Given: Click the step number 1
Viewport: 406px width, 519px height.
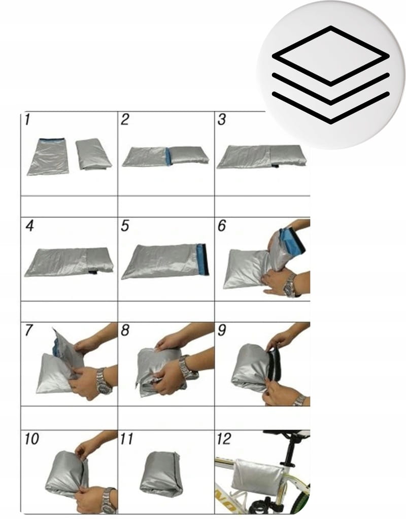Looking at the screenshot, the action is coord(27,120).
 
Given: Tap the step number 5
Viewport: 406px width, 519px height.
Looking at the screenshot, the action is coord(125,226).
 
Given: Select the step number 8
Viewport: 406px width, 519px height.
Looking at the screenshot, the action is coord(125,330).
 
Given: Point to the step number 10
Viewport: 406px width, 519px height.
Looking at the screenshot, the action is coord(32,438).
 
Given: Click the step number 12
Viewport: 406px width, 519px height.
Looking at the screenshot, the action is coord(224,438).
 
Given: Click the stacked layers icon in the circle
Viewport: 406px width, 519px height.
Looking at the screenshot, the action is coord(330,75).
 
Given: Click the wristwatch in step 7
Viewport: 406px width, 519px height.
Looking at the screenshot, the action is coord(103,382).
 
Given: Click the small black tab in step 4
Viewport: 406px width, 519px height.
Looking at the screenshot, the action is coord(93,272).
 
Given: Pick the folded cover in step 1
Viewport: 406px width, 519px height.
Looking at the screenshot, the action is coord(93,155).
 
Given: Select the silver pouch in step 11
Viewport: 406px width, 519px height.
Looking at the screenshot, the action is coord(161,474).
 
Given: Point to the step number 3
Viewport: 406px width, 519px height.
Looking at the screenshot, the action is coord(222,120).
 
